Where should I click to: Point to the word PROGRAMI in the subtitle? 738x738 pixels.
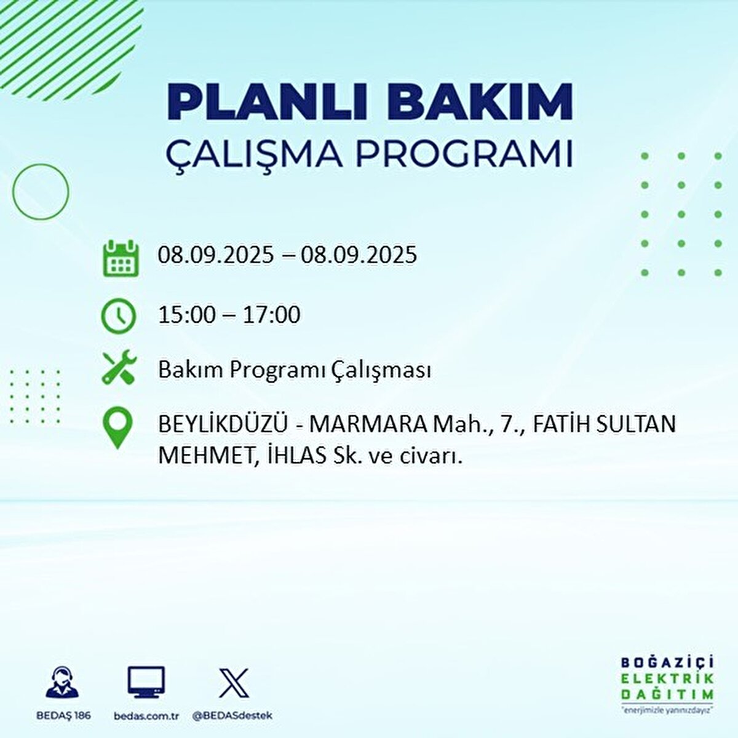[464, 154]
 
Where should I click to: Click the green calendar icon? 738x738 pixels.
[119, 258]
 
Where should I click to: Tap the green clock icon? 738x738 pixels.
[118, 316]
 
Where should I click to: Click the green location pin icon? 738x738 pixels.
[117, 429]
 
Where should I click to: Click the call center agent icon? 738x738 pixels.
[62, 683]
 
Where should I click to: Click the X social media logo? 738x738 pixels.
[234, 683]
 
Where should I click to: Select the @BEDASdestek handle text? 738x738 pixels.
[232, 716]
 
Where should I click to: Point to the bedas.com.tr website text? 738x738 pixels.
[146, 716]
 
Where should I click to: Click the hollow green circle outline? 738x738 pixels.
[41, 192]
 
